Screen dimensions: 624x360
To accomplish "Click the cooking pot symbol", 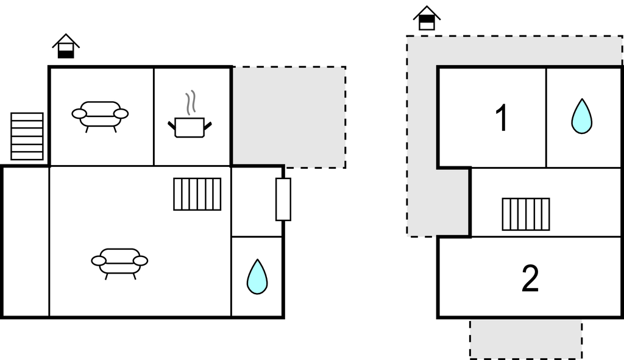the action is click(x=190, y=127).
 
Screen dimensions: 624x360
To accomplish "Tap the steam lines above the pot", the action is click(x=191, y=102).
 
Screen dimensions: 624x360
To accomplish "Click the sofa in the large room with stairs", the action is click(x=119, y=263).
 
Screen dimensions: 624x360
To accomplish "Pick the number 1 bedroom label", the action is click(x=502, y=118).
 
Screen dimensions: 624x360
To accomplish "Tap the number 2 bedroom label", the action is click(x=530, y=278).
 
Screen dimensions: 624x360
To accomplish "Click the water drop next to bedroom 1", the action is click(x=581, y=116).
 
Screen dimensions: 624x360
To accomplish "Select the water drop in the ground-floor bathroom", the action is click(x=257, y=277).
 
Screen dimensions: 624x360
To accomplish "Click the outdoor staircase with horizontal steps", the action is click(x=27, y=136).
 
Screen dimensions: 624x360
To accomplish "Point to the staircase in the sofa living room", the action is click(x=197, y=194).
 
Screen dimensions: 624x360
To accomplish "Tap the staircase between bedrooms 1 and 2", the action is click(x=526, y=214).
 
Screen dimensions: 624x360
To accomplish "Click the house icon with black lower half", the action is click(x=66, y=46).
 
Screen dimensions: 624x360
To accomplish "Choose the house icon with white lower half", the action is click(x=427, y=18).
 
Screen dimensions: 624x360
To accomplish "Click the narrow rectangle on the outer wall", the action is click(x=283, y=199).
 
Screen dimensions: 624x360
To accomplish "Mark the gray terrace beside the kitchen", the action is click(x=289, y=117).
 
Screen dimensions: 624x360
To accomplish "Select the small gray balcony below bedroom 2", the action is click(x=526, y=339).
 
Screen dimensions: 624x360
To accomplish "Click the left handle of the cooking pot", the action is click(x=171, y=125).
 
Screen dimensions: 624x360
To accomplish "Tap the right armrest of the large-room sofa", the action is click(x=140, y=261).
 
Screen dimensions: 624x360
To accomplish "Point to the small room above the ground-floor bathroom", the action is click(x=257, y=202).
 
